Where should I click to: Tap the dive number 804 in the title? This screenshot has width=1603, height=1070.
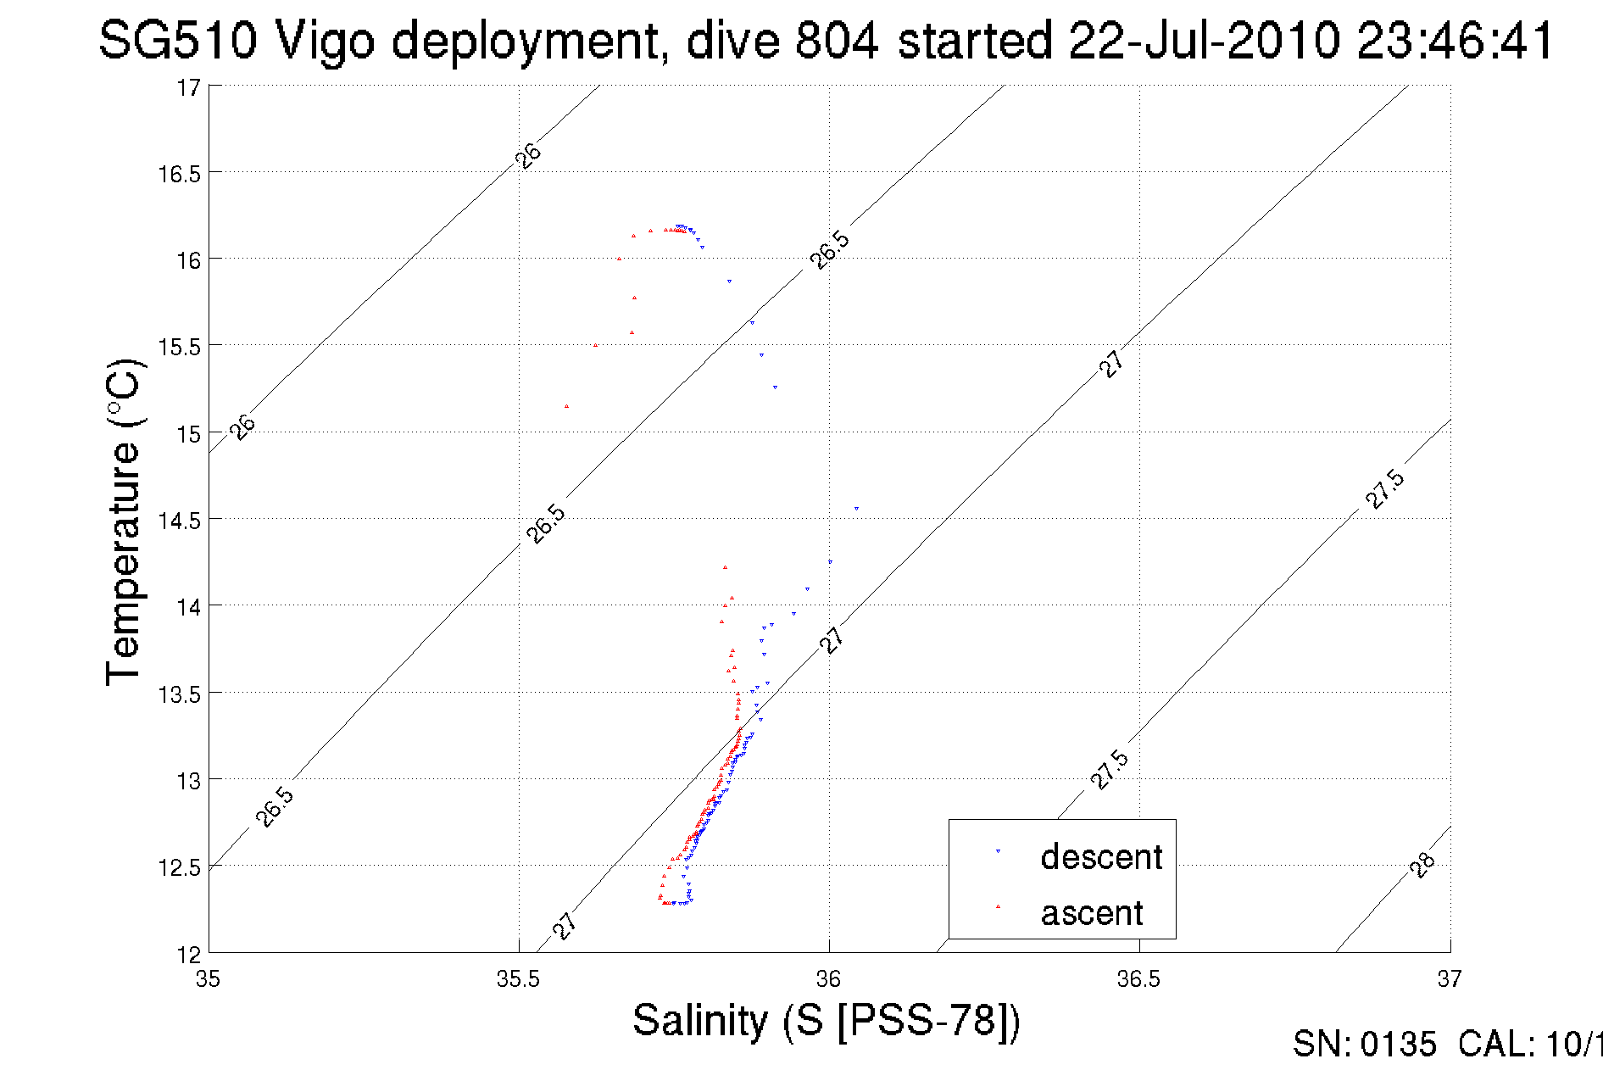pos(836,40)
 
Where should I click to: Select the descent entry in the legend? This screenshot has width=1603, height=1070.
pos(1100,857)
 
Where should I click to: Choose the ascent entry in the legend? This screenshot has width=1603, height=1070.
pos(1092,913)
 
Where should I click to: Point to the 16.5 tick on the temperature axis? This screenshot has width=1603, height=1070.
pos(179,174)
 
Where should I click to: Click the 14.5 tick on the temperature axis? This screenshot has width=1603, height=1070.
pos(179,520)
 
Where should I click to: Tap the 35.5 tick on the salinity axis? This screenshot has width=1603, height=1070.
pos(518,979)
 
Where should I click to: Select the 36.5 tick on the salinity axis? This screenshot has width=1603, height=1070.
pos(1138,979)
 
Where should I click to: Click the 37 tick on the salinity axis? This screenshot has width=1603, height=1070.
pos(1450,979)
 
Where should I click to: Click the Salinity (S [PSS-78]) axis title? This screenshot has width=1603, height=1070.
pos(827,1020)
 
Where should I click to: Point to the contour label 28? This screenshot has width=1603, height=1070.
pos(1422,865)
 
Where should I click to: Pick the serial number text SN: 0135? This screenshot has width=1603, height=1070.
pos(1364,1045)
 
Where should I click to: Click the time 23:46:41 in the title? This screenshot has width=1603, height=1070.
pos(1456,40)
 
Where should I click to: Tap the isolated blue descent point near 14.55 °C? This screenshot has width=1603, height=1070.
pos(856,509)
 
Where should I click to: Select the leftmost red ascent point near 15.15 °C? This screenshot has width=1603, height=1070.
pos(567,407)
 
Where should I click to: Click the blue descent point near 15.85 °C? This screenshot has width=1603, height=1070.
pos(729,281)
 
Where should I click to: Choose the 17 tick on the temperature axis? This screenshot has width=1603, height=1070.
pos(188,87)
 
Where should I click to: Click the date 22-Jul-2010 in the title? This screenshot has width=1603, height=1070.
pos(1204,40)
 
